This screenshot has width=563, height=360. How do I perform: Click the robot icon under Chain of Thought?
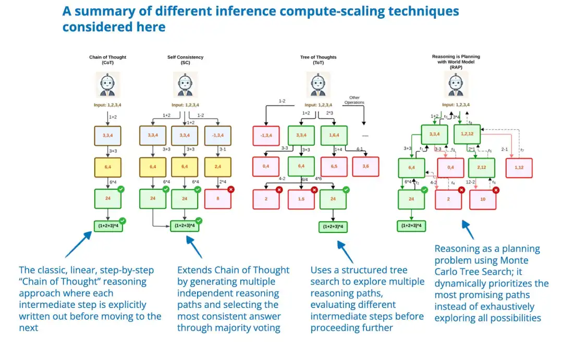pyautogui.click(x=107, y=84)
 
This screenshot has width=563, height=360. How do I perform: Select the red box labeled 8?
pyautogui.click(x=218, y=198)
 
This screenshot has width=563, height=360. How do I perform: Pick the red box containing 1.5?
pyautogui.click(x=301, y=199)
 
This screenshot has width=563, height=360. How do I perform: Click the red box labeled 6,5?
pyautogui.click(x=334, y=166)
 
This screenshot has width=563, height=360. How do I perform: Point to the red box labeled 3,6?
pyautogui.click(x=366, y=166)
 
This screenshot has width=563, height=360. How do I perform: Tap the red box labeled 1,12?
pyautogui.click(x=519, y=167)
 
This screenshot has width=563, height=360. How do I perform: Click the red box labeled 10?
pyautogui.click(x=483, y=200)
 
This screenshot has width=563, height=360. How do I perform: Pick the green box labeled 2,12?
pyautogui.click(x=481, y=167)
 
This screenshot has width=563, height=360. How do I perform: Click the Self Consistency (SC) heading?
pyautogui.click(x=186, y=60)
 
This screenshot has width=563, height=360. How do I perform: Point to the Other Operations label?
pyautogui.click(x=354, y=100)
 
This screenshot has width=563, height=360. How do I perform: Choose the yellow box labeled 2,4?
pyautogui.click(x=218, y=167)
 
